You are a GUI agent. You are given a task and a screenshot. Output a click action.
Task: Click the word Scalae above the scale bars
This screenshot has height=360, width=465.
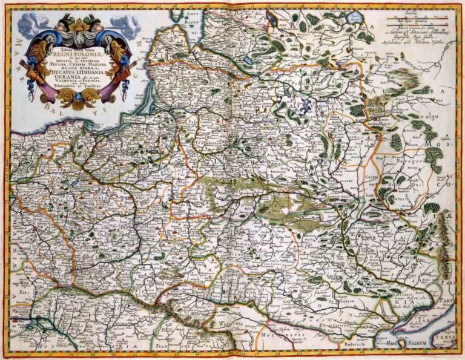[x=418, y=12]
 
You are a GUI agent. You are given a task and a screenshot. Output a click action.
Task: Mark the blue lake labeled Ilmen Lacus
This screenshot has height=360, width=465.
[x=352, y=20]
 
